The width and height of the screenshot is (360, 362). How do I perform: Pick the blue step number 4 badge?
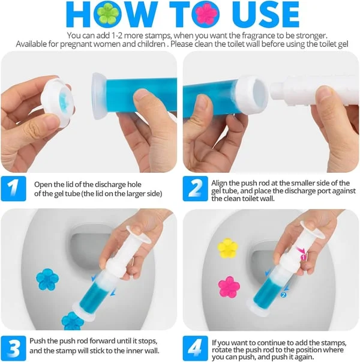pyautogui.click(x=194, y=348)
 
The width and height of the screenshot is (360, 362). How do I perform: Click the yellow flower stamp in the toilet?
pyautogui.click(x=227, y=247)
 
